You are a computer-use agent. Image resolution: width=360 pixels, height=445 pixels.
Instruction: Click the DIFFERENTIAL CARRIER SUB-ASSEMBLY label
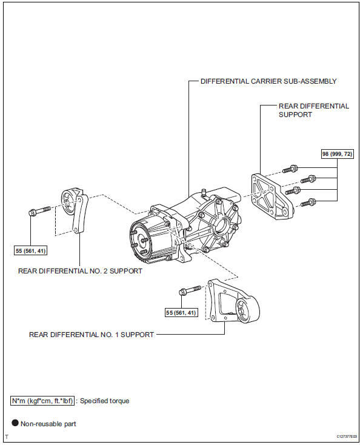pyautogui.click(x=268, y=81)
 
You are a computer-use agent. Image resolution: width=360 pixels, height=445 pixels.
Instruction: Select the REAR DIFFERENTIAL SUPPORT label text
pyautogui.click(x=314, y=110)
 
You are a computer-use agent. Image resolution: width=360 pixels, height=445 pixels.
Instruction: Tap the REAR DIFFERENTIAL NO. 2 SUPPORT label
pyautogui.click(x=80, y=271)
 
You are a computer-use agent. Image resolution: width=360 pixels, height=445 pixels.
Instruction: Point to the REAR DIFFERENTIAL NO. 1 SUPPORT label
pyautogui.click(x=92, y=335)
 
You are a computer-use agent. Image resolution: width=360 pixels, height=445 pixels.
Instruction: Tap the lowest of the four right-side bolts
pyautogui.click(x=308, y=202)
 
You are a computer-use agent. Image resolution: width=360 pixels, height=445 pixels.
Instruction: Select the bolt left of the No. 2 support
pyautogui.click(x=40, y=211)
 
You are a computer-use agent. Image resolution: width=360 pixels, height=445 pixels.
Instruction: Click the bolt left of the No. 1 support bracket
pyautogui.click(x=190, y=290)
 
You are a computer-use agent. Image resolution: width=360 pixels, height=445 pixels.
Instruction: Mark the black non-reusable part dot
pyautogui.click(x=15, y=423)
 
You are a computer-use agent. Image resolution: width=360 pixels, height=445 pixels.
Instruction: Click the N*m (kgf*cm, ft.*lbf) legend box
pyautogui.click(x=42, y=401)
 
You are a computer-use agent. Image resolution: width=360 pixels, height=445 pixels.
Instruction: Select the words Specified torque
pyautogui.click(x=104, y=401)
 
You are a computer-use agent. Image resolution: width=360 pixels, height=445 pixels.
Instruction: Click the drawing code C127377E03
pyautogui.click(x=347, y=436)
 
